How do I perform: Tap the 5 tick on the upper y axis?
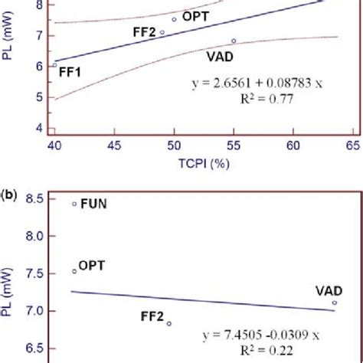point(38,97)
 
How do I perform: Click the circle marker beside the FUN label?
point(74,204)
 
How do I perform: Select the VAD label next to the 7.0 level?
point(327,290)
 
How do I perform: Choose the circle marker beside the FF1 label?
point(54,65)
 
